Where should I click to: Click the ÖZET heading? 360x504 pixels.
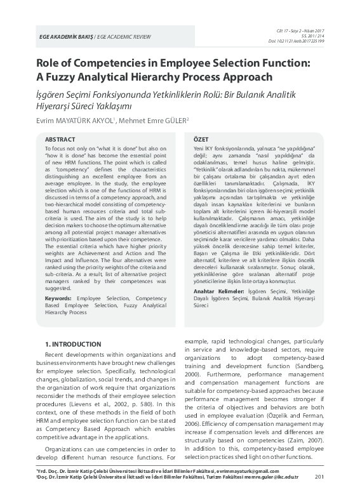click(x=200, y=138)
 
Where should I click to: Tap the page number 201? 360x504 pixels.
click(x=319, y=494)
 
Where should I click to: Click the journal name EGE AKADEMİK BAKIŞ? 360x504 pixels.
click(x=65, y=38)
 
